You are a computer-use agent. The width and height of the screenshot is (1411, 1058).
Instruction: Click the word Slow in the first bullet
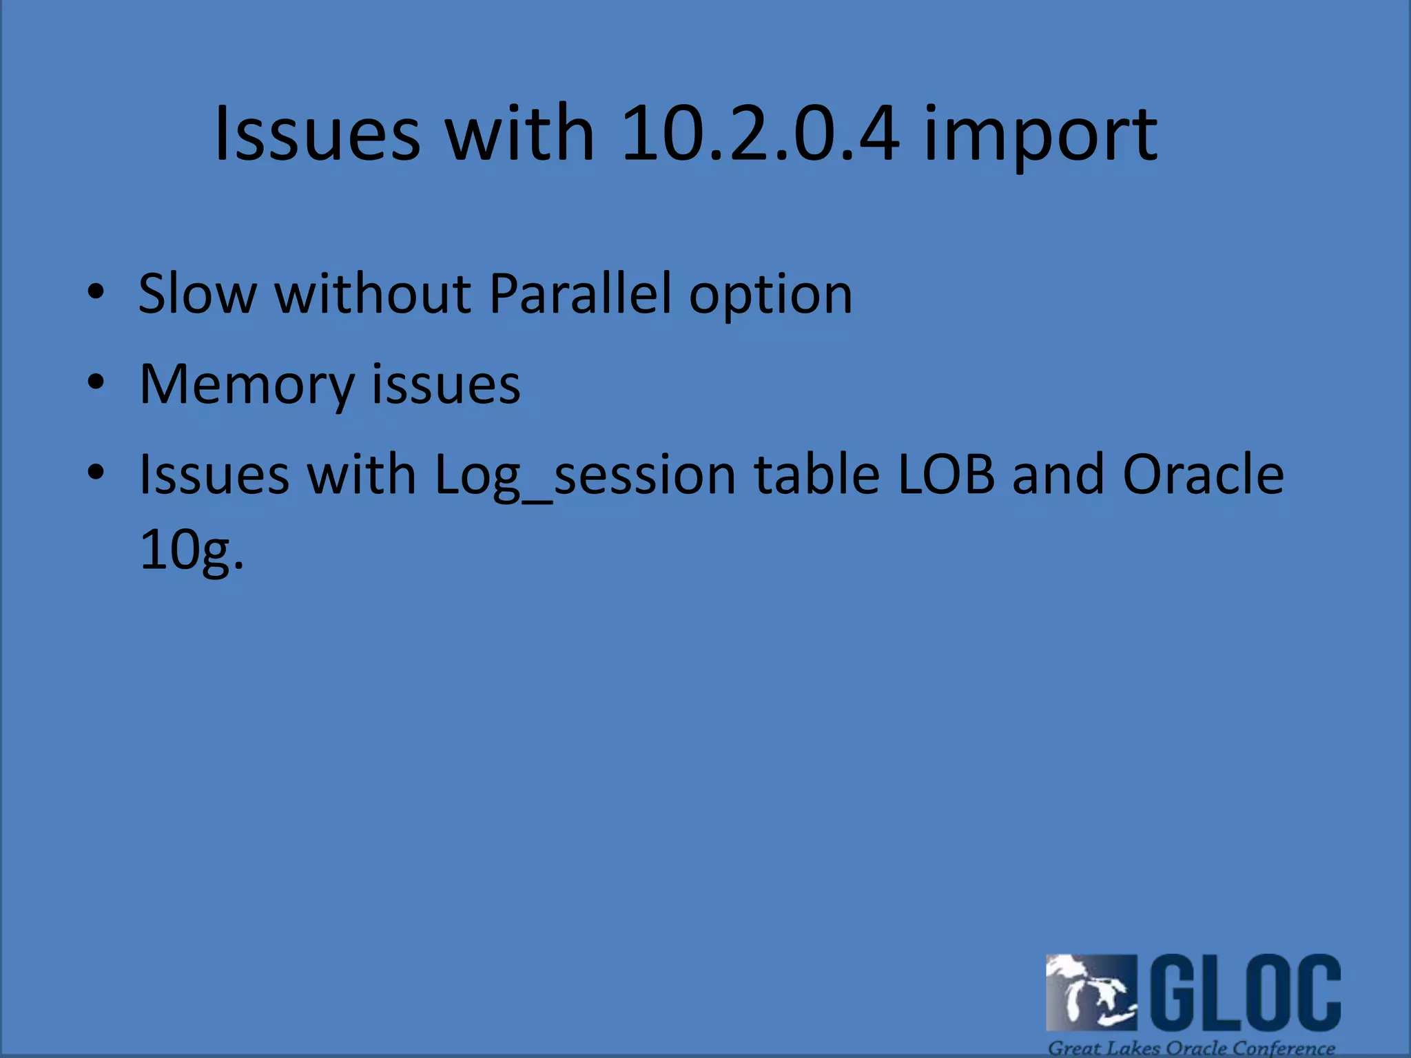click(197, 294)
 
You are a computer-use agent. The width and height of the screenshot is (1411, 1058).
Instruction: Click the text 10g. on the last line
click(192, 551)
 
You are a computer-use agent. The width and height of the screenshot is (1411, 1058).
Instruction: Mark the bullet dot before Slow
click(96, 292)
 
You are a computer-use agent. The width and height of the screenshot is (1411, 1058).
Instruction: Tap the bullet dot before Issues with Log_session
click(96, 472)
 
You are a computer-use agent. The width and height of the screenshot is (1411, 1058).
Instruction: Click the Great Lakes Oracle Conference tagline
click(1191, 1048)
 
